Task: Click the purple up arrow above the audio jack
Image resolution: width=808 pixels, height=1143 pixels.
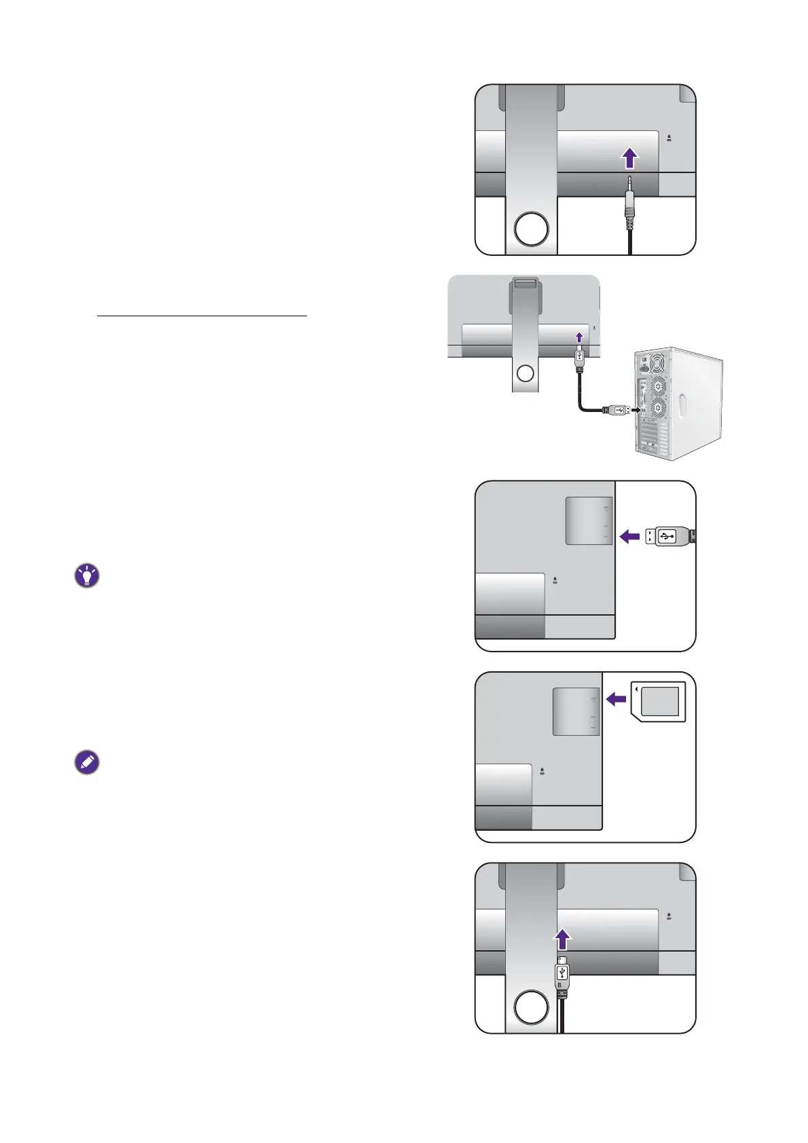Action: pos(630,159)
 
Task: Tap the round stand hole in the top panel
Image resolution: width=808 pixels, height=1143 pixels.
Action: pos(531,229)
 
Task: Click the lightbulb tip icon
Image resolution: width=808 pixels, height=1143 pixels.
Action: pos(87,576)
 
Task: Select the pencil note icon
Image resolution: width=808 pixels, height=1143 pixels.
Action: pos(87,762)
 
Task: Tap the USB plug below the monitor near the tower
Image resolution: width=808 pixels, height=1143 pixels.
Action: pos(579,359)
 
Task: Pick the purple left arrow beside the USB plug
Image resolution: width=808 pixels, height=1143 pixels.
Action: pos(630,537)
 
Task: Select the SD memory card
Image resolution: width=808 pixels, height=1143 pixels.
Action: pos(659,702)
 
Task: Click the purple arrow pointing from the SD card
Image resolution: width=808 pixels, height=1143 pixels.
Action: pos(616,698)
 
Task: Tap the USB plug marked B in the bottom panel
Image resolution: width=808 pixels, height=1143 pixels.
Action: pos(562,975)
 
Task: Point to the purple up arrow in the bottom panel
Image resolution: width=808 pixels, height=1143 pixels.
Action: pos(562,940)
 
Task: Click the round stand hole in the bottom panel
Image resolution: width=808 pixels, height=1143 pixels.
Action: pos(531,1007)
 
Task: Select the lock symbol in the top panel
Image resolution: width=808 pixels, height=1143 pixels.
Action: pos(669,138)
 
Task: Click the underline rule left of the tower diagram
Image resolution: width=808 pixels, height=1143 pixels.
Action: pos(202,316)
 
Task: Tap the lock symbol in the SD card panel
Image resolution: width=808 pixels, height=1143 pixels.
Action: pos(542,771)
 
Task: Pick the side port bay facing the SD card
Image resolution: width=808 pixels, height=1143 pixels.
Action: pos(576,711)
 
